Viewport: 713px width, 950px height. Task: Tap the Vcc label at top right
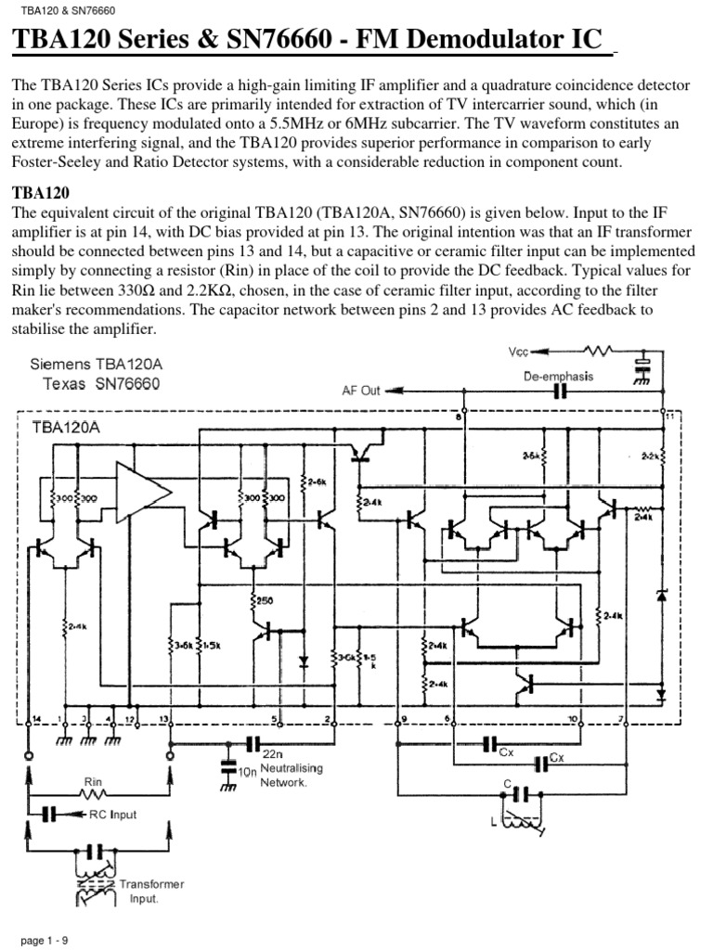pyautogui.click(x=522, y=352)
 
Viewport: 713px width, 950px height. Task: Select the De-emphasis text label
pyautogui.click(x=561, y=377)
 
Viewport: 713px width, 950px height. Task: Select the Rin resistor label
pyautogui.click(x=94, y=782)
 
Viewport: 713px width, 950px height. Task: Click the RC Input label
pyautogui.click(x=110, y=815)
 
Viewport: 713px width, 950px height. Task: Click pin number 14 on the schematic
pyautogui.click(x=37, y=720)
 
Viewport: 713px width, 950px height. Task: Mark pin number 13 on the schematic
pyautogui.click(x=165, y=720)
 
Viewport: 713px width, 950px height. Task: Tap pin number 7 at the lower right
pyautogui.click(x=620, y=720)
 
